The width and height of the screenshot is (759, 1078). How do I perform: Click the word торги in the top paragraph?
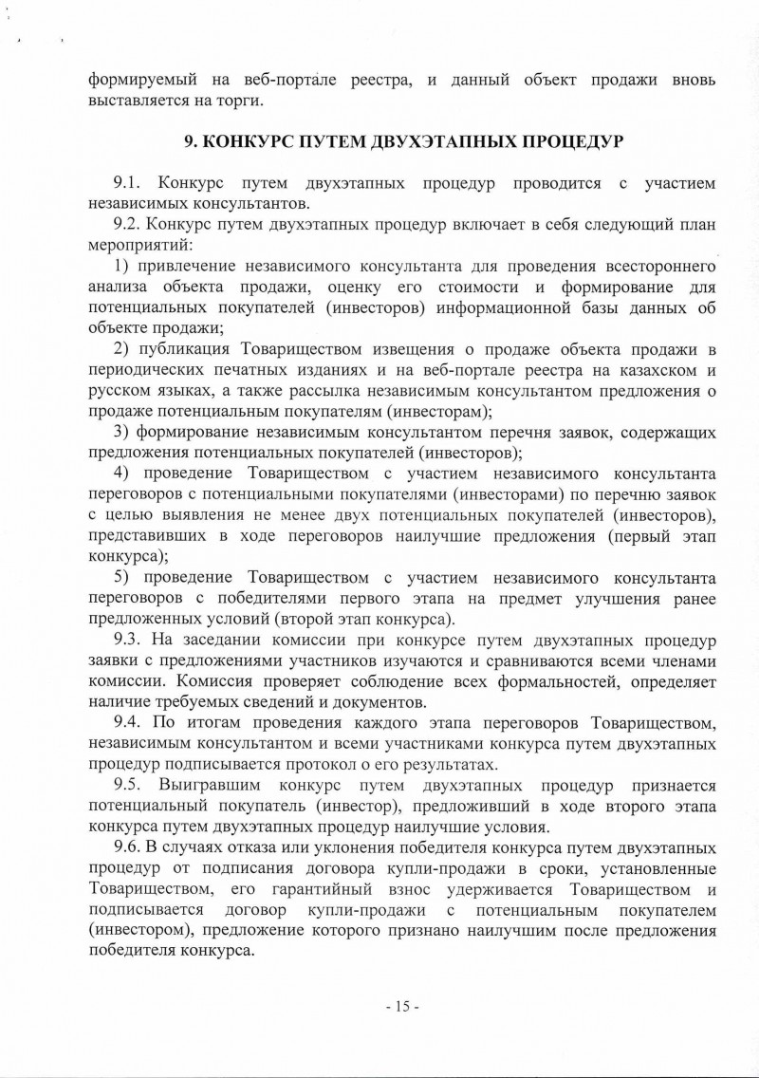(x=235, y=100)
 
